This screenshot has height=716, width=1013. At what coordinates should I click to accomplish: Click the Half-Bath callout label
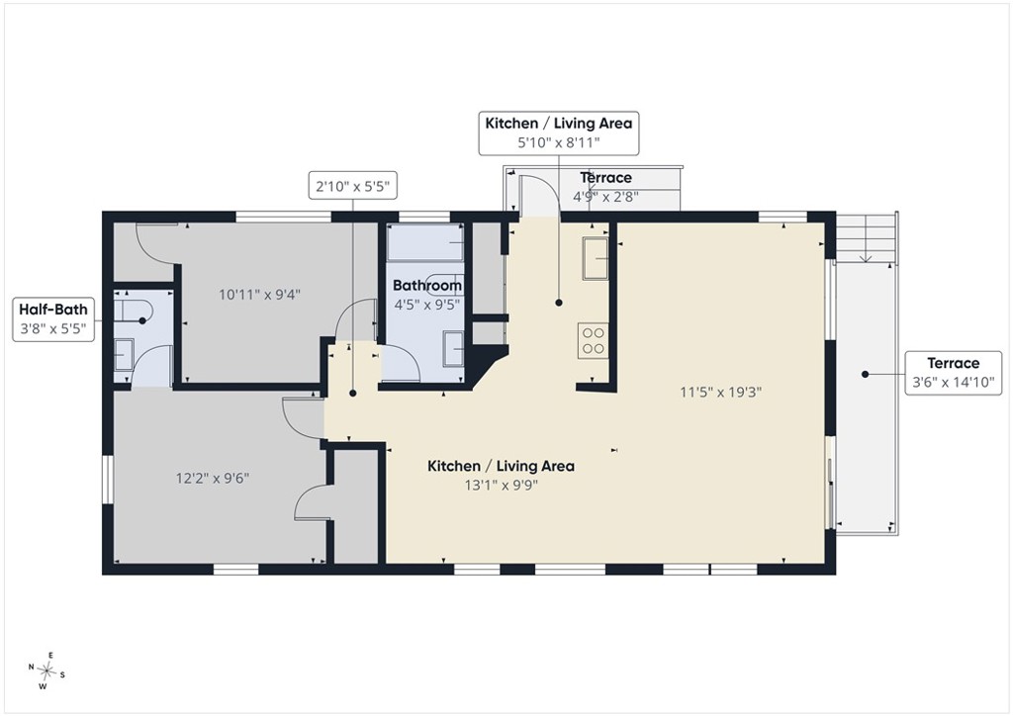tap(53, 319)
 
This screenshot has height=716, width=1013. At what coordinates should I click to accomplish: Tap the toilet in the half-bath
tap(133, 310)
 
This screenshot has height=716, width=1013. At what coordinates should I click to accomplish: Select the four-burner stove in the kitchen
tap(593, 341)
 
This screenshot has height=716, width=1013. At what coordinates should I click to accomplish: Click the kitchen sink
tap(595, 258)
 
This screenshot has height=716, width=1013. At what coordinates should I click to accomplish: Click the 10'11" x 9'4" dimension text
tap(259, 295)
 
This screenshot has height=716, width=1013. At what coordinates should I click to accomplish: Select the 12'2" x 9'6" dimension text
tap(213, 479)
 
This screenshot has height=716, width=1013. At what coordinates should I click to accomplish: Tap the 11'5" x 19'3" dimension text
tap(721, 392)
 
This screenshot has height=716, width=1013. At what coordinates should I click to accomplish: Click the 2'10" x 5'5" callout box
tap(352, 187)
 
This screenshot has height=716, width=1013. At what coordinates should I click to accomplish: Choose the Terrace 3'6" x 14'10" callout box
tap(953, 373)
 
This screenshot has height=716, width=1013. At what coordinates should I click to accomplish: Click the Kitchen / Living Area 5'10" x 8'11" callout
tap(559, 133)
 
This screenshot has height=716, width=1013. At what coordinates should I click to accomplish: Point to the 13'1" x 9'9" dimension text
tap(502, 485)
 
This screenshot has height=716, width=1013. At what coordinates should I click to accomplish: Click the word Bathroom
tap(427, 286)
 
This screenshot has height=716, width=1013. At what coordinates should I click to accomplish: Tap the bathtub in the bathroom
tap(425, 242)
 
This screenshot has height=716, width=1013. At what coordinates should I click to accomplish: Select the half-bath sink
tap(124, 354)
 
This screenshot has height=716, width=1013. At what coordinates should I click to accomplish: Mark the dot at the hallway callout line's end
tap(353, 393)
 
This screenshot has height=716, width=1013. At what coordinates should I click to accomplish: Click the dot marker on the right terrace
tap(865, 374)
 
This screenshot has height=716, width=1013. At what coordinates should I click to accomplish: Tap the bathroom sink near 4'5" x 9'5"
tap(453, 349)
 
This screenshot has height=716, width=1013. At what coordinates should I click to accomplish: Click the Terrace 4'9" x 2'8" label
tap(606, 187)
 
